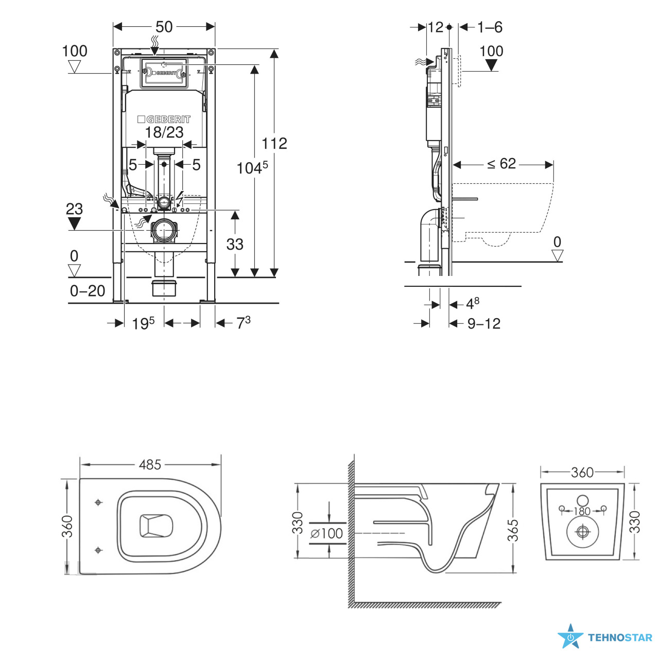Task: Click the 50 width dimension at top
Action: [x=164, y=27]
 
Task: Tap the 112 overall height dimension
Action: [x=274, y=144]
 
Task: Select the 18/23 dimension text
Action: [x=164, y=132]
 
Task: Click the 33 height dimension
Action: [x=235, y=244]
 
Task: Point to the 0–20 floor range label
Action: [x=87, y=291]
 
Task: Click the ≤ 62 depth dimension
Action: [x=501, y=164]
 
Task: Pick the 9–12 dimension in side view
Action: [x=483, y=323]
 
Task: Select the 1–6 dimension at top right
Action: [x=490, y=27]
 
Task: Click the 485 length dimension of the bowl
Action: [x=150, y=465]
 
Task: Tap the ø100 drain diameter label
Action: [x=326, y=533]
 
